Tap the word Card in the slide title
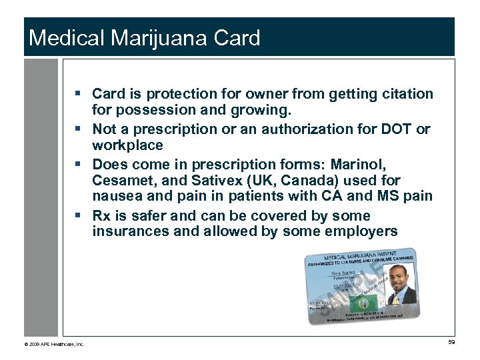click(237, 38)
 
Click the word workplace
click(127, 145)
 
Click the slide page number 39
click(451, 343)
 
